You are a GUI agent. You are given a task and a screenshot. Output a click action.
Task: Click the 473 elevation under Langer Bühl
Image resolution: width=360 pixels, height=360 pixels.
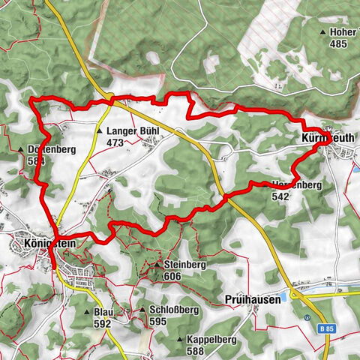click(x=114, y=142)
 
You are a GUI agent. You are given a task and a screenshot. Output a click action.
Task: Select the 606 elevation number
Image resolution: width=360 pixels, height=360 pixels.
click(x=171, y=276)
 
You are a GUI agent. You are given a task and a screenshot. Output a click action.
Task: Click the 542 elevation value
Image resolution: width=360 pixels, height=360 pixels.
click(x=280, y=196)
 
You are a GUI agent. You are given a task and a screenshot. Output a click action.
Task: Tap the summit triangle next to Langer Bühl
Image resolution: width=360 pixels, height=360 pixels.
click(x=99, y=131)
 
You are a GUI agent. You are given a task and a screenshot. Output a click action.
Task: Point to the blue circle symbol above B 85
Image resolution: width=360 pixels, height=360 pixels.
click(x=308, y=316)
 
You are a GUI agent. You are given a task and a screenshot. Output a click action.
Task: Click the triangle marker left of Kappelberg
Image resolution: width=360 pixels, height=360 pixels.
click(x=180, y=340)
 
